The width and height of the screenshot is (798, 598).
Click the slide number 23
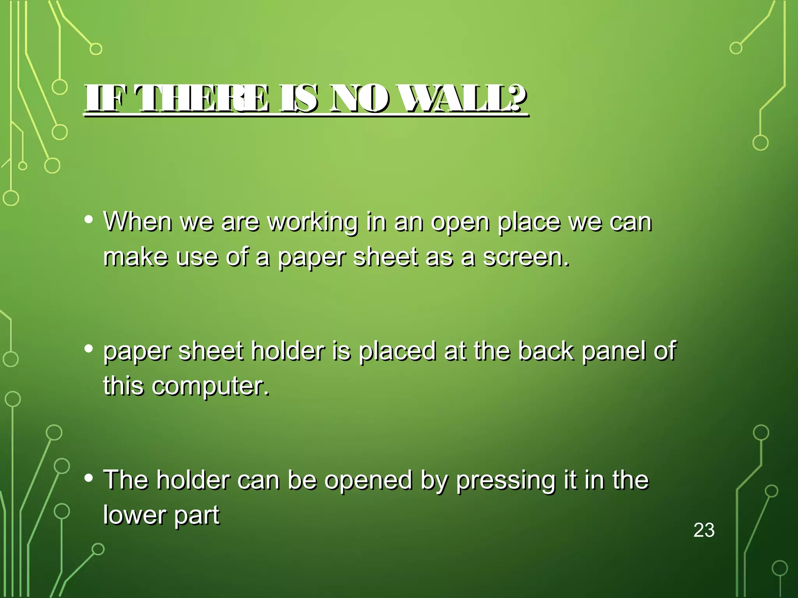click(x=704, y=530)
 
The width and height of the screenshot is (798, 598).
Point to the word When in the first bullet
click(x=138, y=222)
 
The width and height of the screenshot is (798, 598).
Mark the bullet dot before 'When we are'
click(x=89, y=220)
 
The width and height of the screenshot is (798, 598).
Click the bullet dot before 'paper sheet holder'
click(x=89, y=349)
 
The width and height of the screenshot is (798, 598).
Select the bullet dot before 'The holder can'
click(x=89, y=478)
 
